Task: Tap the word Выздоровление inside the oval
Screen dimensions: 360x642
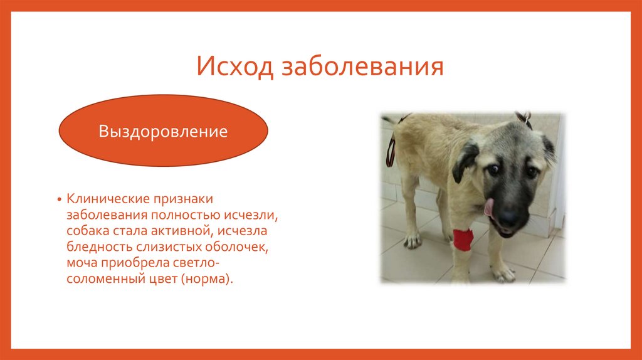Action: (163, 132)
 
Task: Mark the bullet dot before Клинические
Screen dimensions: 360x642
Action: (60, 199)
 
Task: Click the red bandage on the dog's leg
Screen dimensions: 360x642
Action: (463, 240)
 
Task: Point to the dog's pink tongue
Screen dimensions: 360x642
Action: (489, 207)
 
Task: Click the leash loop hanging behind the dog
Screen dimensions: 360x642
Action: (391, 147)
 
